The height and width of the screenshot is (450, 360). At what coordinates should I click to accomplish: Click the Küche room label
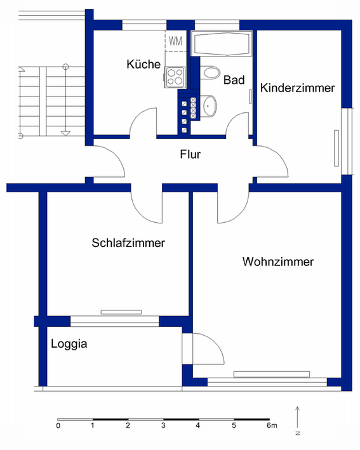(x=143, y=64)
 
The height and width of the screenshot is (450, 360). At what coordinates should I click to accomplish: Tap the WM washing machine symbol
(x=175, y=41)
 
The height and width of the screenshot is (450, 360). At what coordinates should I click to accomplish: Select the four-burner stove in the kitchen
(x=175, y=77)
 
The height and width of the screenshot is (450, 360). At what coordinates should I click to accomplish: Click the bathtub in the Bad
(x=222, y=44)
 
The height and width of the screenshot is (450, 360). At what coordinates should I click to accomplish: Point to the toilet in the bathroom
(x=210, y=72)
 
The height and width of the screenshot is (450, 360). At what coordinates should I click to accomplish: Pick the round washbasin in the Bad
(x=209, y=106)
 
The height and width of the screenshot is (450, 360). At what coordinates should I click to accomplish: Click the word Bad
(x=234, y=80)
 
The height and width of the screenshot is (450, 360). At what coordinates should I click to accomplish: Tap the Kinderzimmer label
(x=297, y=88)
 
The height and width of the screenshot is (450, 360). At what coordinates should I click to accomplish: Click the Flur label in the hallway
(x=190, y=154)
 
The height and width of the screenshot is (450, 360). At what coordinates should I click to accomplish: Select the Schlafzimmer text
(x=128, y=243)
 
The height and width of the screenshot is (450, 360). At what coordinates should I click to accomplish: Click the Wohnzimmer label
(x=278, y=261)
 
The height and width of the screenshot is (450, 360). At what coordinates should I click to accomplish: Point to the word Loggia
(x=69, y=344)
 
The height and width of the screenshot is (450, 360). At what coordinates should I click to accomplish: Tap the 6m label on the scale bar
(x=272, y=425)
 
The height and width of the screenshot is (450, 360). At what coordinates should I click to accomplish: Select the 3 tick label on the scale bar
(x=163, y=425)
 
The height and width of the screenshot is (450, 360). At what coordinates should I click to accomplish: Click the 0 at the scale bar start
(x=58, y=425)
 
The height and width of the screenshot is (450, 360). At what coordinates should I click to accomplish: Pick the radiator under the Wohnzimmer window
(x=272, y=374)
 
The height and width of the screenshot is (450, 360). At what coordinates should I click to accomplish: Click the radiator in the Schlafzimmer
(x=121, y=312)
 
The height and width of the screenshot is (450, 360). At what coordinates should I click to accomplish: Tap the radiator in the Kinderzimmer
(x=337, y=148)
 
